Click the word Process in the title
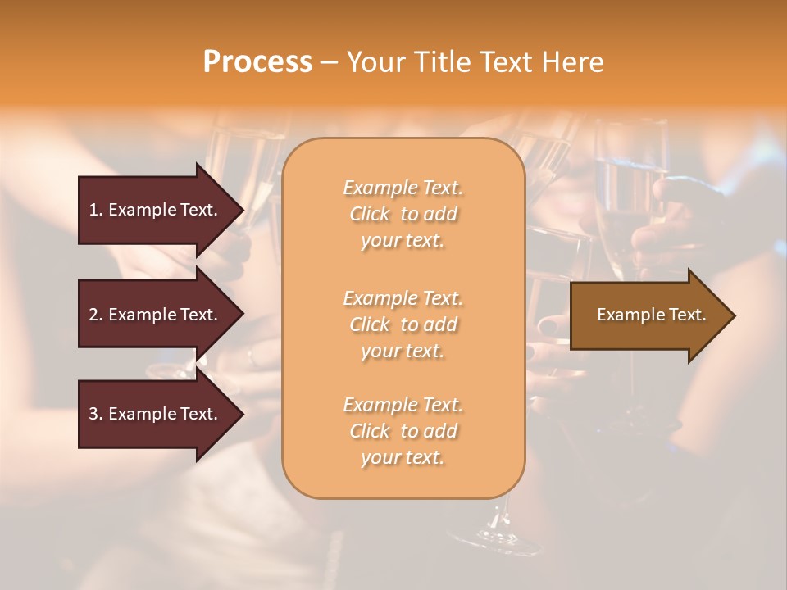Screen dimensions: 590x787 (x=257, y=62)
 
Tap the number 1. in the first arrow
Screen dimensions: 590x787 (x=96, y=210)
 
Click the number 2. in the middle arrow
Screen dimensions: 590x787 (x=96, y=315)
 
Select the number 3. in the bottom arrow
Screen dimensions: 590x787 (x=96, y=414)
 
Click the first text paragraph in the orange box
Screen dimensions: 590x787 (x=403, y=214)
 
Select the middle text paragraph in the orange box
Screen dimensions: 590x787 (x=403, y=324)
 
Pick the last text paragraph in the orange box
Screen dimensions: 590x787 (x=403, y=431)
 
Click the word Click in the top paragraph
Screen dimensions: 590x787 (x=370, y=214)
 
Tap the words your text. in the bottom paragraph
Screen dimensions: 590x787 (x=403, y=457)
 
